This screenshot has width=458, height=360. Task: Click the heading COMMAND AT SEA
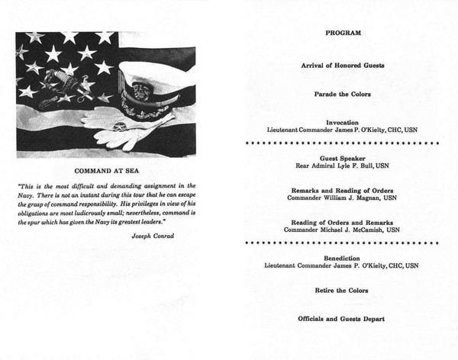tap(106, 170)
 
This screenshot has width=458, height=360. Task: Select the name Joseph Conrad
tap(152, 236)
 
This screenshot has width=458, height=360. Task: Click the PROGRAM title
tap(343, 34)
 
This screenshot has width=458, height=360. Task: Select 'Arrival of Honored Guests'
tap(343, 66)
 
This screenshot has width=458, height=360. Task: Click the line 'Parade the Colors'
tap(343, 94)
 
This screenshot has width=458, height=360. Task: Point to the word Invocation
tap(343, 122)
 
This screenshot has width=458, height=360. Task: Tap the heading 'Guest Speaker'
tap(343, 156)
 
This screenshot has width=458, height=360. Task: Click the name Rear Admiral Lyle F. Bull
tap(343, 165)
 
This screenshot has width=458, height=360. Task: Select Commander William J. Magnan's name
tap(343, 198)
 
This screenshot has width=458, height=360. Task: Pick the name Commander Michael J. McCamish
tap(343, 230)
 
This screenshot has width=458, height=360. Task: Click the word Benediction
tap(343, 258)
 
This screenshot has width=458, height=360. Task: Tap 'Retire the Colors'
tap(343, 291)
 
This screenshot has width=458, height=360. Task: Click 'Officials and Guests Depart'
tap(343, 319)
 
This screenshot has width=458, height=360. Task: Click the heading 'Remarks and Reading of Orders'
tap(343, 189)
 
